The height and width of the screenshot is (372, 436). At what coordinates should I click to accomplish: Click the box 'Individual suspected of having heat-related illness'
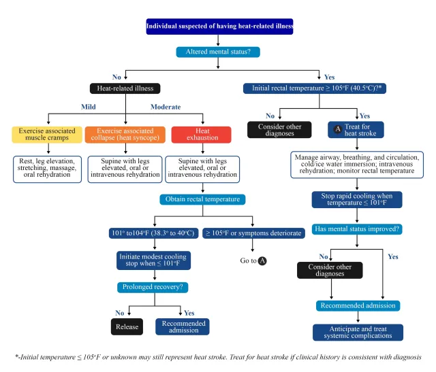coord(219,27)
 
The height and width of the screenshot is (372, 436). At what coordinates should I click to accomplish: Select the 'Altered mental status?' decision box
coord(218,52)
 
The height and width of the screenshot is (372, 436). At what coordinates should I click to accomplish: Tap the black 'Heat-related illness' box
coord(125,88)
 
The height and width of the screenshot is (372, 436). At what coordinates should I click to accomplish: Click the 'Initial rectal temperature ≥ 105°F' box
coord(315,88)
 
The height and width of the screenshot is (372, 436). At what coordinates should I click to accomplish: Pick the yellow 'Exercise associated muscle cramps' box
coord(47,134)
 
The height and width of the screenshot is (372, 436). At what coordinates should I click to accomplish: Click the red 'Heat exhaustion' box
coord(204,134)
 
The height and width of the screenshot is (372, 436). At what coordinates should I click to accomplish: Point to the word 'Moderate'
coord(166,107)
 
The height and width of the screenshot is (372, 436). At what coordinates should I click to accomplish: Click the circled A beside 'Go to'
coord(262,260)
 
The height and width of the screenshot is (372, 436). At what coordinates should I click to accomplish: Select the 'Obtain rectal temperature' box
coord(204,200)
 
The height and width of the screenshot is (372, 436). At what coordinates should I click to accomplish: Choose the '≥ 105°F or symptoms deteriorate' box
coord(253,233)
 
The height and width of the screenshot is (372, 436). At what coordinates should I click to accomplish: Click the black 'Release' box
coord(127,326)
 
